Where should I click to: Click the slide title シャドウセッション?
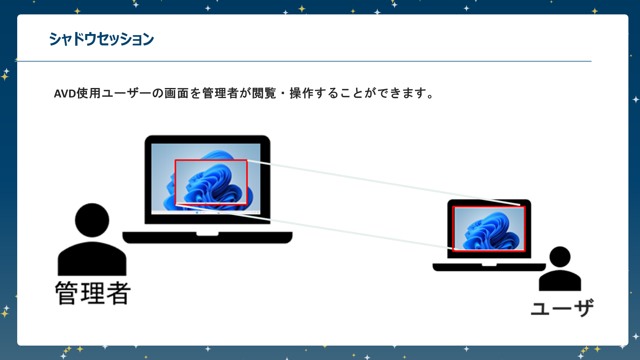[101, 39]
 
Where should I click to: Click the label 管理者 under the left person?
[93, 293]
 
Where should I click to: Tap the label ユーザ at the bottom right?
[562, 308]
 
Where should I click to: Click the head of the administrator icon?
[92, 220]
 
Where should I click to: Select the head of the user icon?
[560, 257]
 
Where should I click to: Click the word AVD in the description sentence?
[65, 94]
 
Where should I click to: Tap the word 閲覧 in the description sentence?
[264, 93]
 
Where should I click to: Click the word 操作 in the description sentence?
[302, 93]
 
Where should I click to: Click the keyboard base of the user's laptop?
[489, 267]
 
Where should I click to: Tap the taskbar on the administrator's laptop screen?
[206, 212]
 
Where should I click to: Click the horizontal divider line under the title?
[304, 61]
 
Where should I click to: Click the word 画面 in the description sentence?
[176, 93]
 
